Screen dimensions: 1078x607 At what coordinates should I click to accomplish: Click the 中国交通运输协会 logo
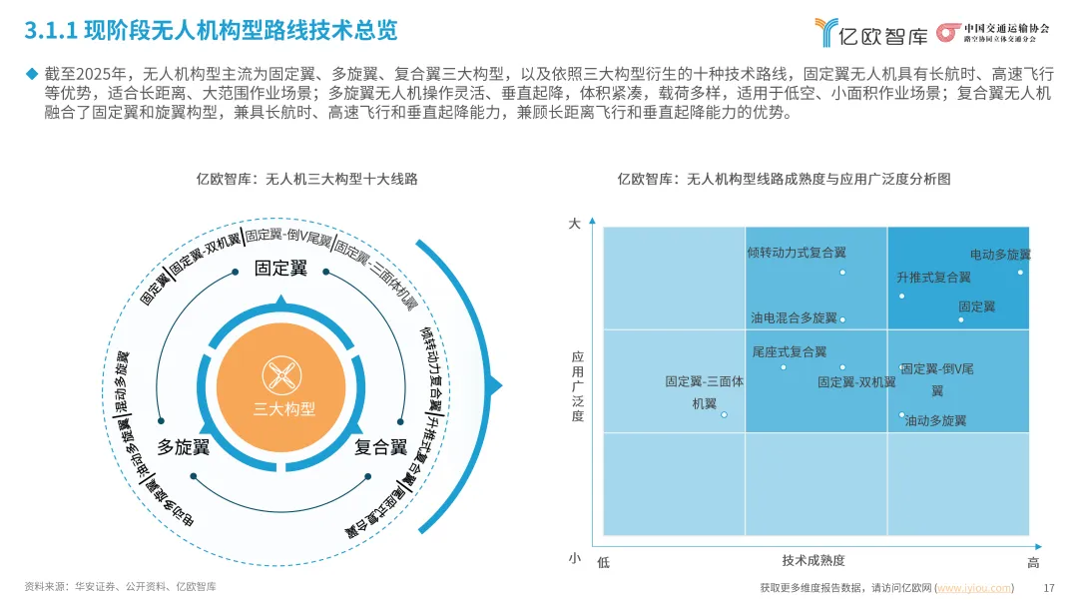[x=993, y=32]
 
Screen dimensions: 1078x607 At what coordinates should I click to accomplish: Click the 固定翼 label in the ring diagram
[x=280, y=269]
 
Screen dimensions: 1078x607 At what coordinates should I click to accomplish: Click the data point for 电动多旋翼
[x=1020, y=272]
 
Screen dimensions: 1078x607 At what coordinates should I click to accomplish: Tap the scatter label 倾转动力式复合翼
[x=796, y=253]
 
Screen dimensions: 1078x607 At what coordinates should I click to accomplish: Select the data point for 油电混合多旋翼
[x=842, y=319]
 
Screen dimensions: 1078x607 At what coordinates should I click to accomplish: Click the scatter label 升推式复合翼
[x=932, y=278]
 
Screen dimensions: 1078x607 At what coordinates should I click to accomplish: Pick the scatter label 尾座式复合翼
[x=789, y=351]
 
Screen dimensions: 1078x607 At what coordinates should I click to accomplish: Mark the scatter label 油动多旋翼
[x=935, y=421]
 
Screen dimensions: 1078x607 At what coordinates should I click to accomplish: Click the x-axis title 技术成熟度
[x=812, y=561]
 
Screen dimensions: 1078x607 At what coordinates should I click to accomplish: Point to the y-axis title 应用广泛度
[x=577, y=385]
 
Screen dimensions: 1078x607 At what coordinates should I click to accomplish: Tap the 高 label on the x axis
[x=1033, y=563]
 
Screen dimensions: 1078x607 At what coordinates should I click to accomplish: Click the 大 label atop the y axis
[x=574, y=225]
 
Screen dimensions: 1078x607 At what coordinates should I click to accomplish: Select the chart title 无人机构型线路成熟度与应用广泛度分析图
[x=783, y=179]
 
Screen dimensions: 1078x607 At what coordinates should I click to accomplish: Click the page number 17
[x=1048, y=587]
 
